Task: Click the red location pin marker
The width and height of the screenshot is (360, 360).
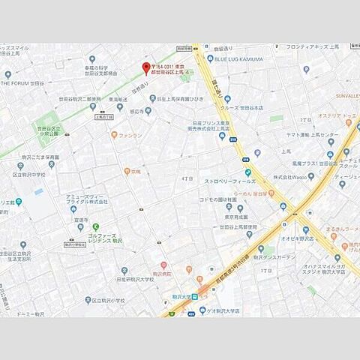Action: pos(145,68)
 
